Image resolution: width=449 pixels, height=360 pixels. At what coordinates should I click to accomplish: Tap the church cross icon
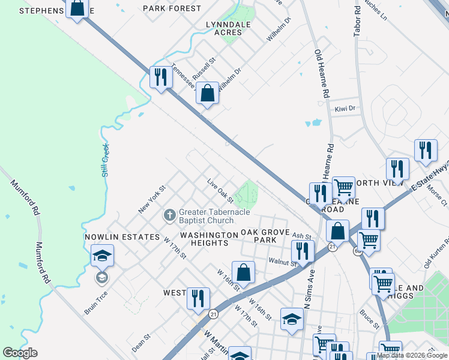(170, 215)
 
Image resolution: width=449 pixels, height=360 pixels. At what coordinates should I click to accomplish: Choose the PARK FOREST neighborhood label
(172, 8)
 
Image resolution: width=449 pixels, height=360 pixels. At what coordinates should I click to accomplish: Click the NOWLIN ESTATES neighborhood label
(122, 237)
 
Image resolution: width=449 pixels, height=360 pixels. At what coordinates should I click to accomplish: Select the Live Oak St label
(220, 189)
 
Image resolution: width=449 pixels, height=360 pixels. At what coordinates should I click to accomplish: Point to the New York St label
(151, 199)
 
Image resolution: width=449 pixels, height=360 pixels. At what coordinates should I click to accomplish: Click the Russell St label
(203, 70)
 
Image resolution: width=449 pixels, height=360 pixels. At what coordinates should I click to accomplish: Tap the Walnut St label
(283, 262)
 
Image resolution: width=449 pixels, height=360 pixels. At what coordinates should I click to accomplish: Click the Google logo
(20, 353)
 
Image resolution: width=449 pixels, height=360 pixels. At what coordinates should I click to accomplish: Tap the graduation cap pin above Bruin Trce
(102, 257)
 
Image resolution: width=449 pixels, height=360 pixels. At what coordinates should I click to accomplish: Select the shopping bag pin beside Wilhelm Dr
(206, 94)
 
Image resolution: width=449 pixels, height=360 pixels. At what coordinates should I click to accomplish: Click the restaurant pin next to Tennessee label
(160, 77)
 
